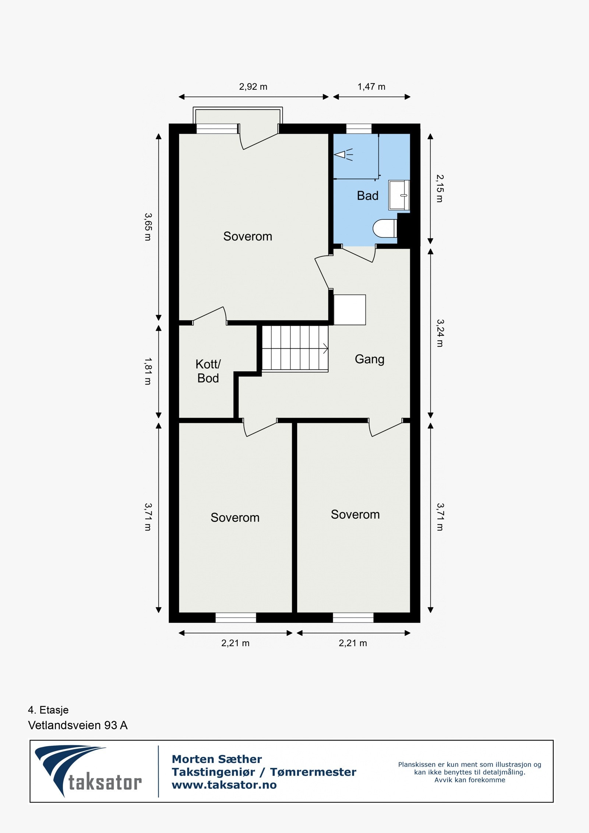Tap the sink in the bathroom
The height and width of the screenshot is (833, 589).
(399, 195)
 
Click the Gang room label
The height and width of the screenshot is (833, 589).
(369, 359)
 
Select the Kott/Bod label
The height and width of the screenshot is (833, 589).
(208, 371)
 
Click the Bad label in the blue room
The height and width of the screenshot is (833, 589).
(367, 195)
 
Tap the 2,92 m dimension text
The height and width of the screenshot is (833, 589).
(253, 87)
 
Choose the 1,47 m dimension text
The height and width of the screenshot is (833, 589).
(371, 87)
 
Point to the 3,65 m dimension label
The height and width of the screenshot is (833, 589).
(148, 227)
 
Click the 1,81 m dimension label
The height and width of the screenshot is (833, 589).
(148, 371)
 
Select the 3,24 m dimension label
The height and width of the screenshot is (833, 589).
(440, 333)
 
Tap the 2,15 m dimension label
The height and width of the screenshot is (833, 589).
(440, 188)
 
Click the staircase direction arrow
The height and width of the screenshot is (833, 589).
(325, 348)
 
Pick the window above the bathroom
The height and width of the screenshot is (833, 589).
(359, 128)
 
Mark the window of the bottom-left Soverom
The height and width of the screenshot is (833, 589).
(236, 617)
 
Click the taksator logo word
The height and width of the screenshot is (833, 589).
(105, 782)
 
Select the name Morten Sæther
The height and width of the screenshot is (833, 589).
(217, 759)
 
